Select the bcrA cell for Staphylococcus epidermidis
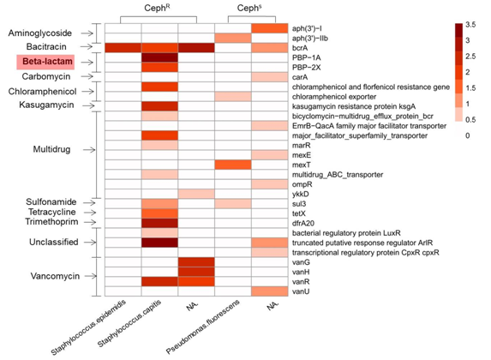click(x=123, y=48)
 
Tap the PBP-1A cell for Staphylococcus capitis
click(x=159, y=57)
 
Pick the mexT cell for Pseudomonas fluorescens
click(x=233, y=165)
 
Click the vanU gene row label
click(x=301, y=291)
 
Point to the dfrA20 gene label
click(x=303, y=224)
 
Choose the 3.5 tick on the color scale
click(x=470, y=25)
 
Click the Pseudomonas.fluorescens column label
click(x=203, y=327)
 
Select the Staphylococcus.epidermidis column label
click(x=89, y=327)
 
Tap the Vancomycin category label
click(x=55, y=276)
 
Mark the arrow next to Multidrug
click(x=89, y=150)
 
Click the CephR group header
click(x=157, y=9)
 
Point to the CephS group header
click(x=249, y=9)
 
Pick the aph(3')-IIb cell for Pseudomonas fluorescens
click(x=233, y=39)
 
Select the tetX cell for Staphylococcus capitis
click(x=159, y=213)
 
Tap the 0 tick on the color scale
click(x=467, y=135)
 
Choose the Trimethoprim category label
click(x=51, y=222)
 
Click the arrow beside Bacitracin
click(x=87, y=46)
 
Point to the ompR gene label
click(x=302, y=184)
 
